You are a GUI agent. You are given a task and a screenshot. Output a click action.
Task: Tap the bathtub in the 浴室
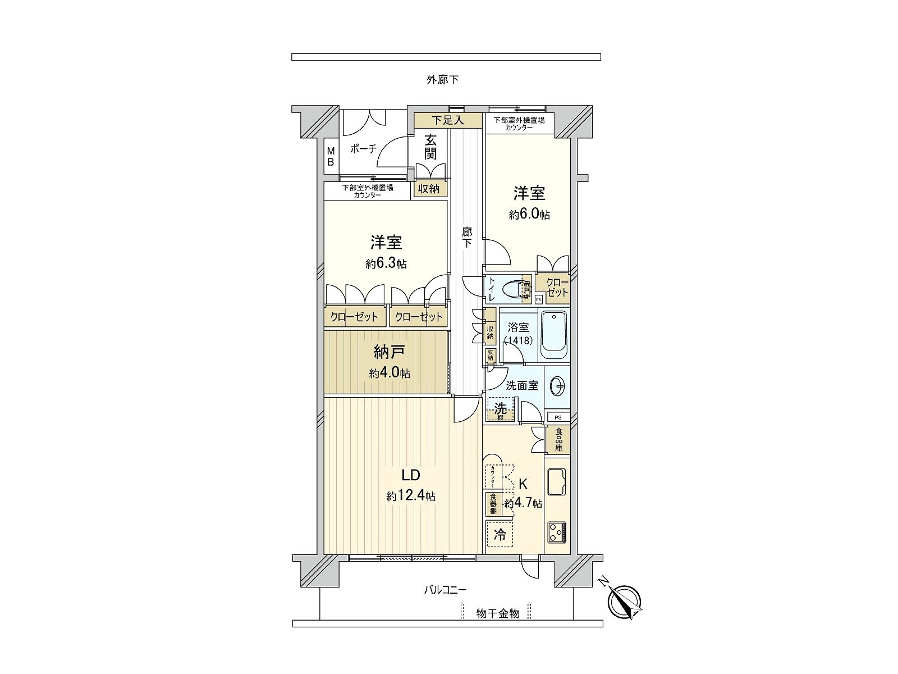(553, 336)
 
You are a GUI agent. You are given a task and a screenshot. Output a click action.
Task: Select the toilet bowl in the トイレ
(515, 290)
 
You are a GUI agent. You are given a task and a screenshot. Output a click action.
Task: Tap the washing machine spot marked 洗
(500, 409)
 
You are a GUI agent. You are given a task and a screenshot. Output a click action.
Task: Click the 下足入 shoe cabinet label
(448, 120)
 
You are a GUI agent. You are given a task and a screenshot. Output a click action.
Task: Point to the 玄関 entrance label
(430, 147)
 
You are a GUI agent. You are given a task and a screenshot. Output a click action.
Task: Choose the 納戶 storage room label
(389, 352)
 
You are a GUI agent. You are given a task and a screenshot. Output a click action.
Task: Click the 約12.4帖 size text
(411, 496)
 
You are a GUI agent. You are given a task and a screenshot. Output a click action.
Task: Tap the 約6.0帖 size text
(529, 214)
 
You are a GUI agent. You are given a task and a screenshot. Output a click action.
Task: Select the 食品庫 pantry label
(559, 440)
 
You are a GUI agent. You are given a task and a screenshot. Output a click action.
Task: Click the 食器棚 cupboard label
(493, 504)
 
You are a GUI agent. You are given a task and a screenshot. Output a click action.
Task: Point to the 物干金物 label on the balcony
(497, 613)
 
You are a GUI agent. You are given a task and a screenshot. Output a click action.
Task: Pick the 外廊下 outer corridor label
(442, 80)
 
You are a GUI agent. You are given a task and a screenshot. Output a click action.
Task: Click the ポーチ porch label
(363, 149)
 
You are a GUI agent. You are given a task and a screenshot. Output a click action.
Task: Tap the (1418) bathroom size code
(518, 340)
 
